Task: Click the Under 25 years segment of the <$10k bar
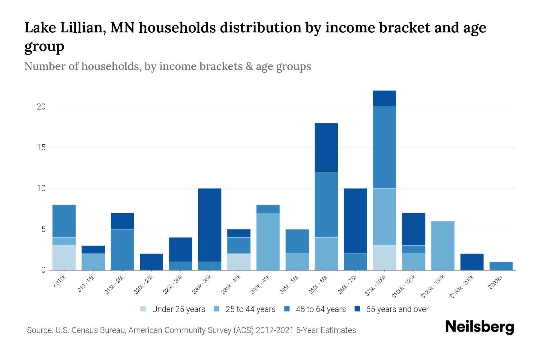[x=64, y=257]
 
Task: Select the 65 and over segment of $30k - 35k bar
[x=210, y=225]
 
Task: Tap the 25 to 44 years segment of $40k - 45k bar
[x=268, y=241]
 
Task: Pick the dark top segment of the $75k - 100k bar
[x=384, y=99]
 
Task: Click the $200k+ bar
[x=501, y=266]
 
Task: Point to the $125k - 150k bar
[x=442, y=245]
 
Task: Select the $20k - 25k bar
[x=151, y=262]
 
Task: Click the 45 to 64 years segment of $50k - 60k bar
[x=326, y=205]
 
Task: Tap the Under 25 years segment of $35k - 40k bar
[x=239, y=262]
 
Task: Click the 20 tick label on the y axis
[x=41, y=107]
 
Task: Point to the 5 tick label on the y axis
[x=43, y=229]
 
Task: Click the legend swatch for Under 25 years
[x=143, y=309]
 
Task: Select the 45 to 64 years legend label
[x=320, y=309]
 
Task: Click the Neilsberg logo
[x=479, y=327]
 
